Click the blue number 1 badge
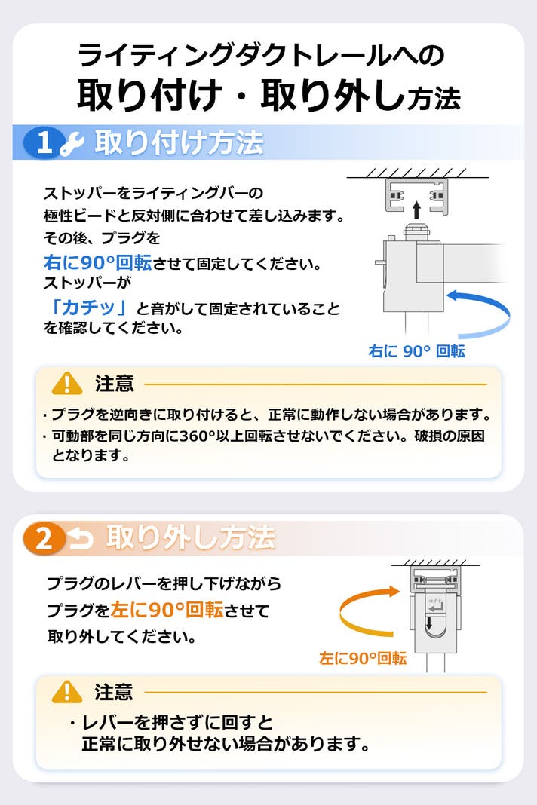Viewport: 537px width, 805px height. [x=44, y=142]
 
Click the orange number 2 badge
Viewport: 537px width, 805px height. [x=44, y=538]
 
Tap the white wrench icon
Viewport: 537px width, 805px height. [x=72, y=143]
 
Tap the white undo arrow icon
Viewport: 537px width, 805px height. [x=81, y=538]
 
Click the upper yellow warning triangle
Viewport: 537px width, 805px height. [x=67, y=383]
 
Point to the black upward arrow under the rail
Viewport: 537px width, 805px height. [x=417, y=210]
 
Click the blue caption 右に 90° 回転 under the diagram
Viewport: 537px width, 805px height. [x=417, y=351]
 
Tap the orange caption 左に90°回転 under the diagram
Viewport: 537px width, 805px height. [x=363, y=658]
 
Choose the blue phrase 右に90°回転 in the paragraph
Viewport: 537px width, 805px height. [x=97, y=262]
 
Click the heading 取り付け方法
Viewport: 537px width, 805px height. [x=179, y=142]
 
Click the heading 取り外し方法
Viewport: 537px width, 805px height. [x=191, y=537]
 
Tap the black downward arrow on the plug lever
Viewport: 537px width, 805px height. [x=429, y=623]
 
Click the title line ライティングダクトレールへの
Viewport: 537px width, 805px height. [x=261, y=55]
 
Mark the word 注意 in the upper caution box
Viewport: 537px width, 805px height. [x=114, y=383]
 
